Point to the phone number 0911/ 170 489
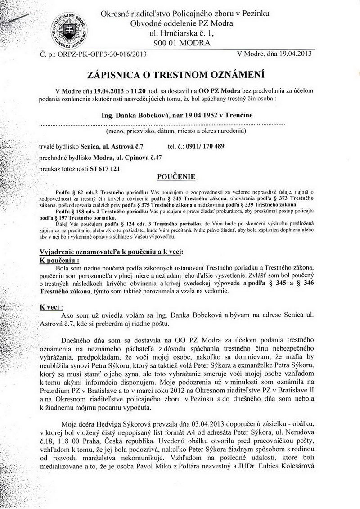(x=202, y=146)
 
